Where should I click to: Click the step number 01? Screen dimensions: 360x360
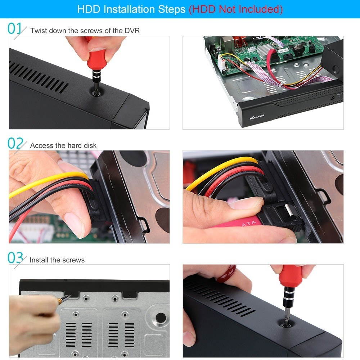click(15, 29)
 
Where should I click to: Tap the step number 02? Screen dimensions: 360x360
click(15, 143)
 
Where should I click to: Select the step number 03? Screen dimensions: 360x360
click(15, 258)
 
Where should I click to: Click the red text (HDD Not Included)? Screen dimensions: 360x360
click(236, 9)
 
